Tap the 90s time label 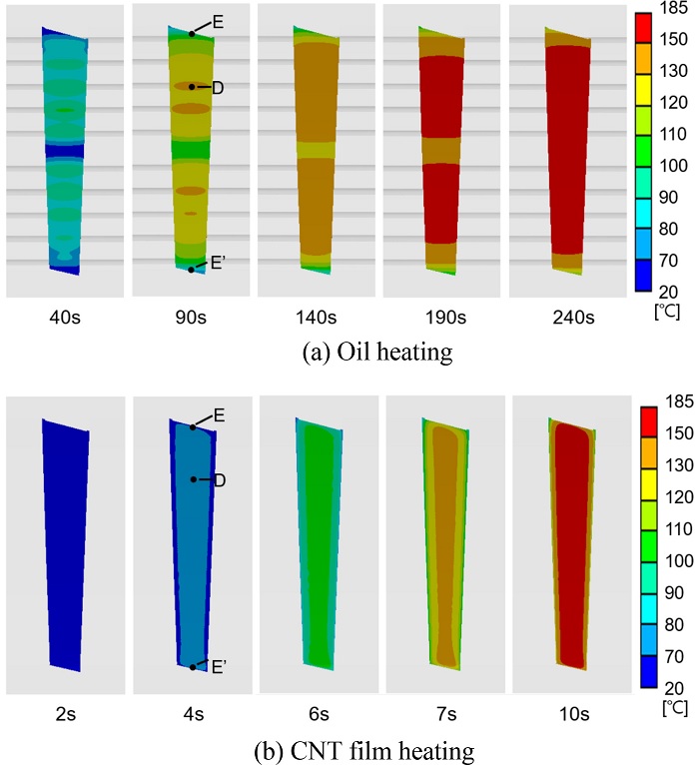point(190,319)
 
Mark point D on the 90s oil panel point(192,87)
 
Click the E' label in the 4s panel point(219,665)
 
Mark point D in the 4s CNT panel point(194,479)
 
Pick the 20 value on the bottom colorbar point(672,687)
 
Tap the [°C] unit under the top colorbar point(668,310)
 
